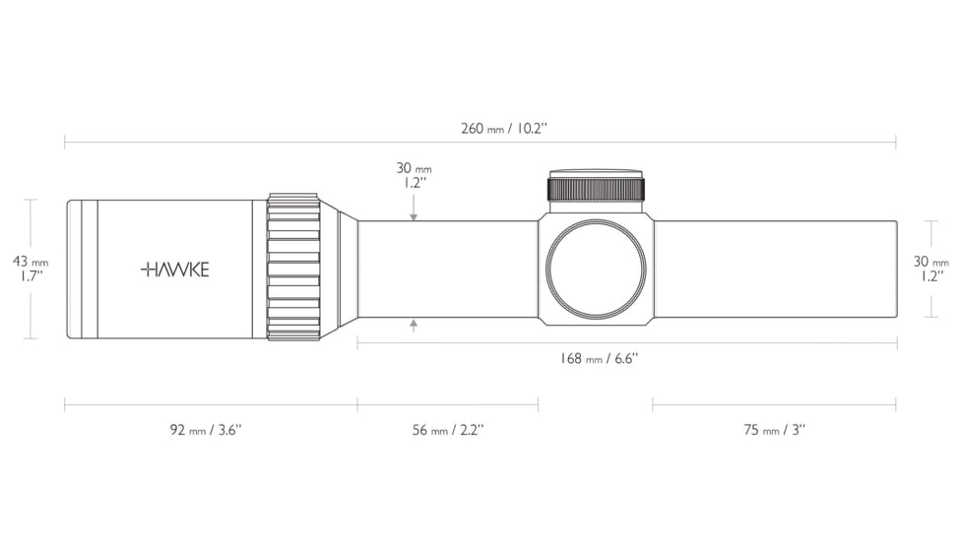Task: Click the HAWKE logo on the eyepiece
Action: (175, 270)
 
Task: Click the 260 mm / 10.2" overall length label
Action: (504, 129)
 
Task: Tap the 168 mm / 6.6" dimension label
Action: (599, 358)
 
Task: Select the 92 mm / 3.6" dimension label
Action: (206, 430)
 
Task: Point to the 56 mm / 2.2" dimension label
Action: (448, 430)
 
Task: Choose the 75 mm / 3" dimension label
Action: (774, 430)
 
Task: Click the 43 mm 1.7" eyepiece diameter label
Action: (31, 269)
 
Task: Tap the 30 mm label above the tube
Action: (414, 175)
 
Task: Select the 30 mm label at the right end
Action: (931, 269)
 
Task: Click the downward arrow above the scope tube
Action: (414, 208)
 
